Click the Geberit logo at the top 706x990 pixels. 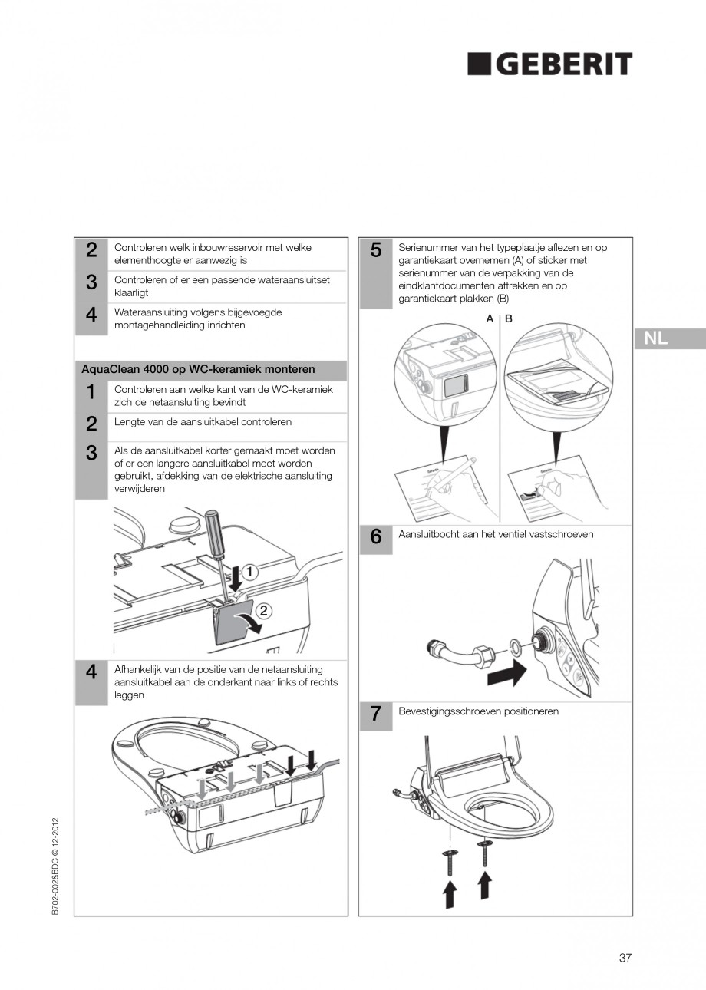[x=550, y=64]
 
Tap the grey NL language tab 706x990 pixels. [x=668, y=338]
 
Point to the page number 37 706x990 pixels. [x=625, y=957]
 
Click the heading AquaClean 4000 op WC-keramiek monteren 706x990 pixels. [x=198, y=369]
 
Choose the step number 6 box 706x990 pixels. [x=375, y=537]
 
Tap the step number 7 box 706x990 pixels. [x=375, y=714]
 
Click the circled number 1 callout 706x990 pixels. [x=251, y=572]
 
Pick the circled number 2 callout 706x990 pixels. [x=264, y=611]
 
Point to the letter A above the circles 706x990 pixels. [x=490, y=318]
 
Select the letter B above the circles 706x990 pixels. [x=509, y=318]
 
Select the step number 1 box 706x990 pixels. [x=91, y=392]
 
